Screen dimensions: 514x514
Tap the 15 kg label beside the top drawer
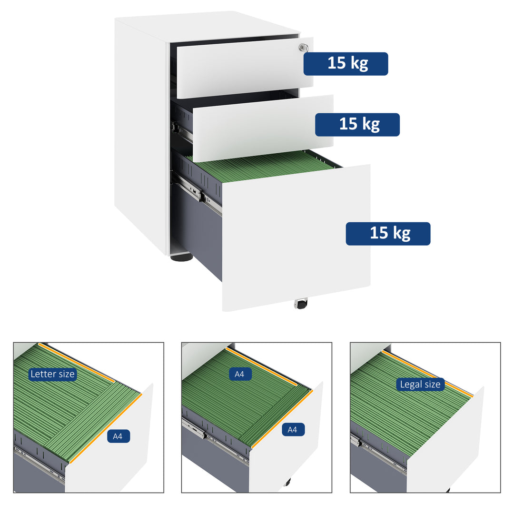(346, 64)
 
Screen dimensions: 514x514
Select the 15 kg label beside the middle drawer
(357, 125)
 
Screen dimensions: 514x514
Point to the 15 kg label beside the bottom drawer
(388, 234)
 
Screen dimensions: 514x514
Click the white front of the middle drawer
(262, 128)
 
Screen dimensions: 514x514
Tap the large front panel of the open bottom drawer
(295, 238)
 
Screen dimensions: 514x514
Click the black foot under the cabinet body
(181, 257)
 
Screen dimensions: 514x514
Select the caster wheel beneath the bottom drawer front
(301, 304)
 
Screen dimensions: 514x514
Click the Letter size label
(52, 374)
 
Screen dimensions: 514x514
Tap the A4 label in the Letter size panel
(119, 435)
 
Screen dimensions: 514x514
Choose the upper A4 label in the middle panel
(239, 374)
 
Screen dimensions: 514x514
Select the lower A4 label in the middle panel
(293, 430)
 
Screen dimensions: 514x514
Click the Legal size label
(420, 384)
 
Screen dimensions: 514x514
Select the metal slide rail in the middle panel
(195, 428)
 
